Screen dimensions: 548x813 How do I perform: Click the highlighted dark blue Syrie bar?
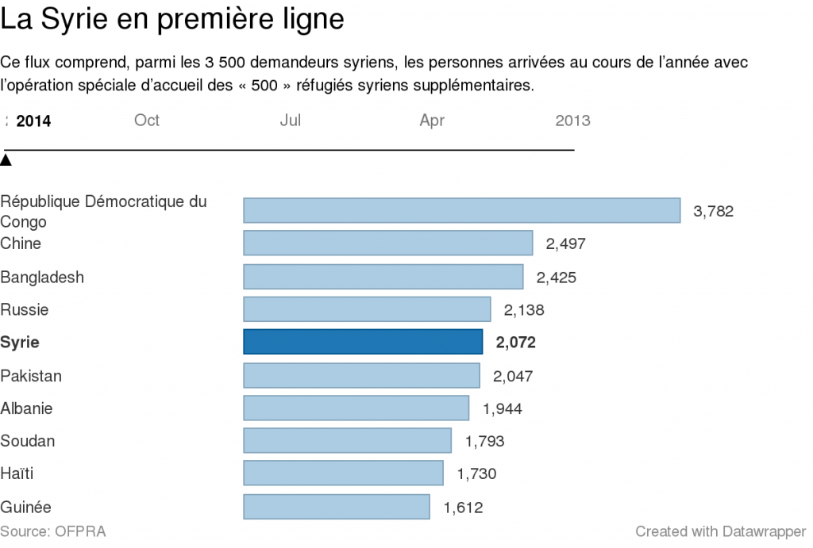point(362,342)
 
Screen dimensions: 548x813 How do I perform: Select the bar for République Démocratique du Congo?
point(461,210)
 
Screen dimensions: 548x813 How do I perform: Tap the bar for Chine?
point(387,243)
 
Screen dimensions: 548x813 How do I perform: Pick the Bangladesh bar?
point(383,277)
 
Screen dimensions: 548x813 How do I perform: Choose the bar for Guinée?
point(336,507)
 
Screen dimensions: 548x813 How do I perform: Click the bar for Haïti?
point(343,473)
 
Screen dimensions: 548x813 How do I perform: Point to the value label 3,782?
point(713,211)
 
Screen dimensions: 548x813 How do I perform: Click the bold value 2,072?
point(515,343)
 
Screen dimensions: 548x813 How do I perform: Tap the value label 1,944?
point(502,408)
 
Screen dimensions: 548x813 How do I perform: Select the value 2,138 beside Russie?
point(524,310)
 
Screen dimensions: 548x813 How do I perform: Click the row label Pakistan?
point(31,375)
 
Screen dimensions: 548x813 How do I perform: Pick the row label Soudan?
point(28,441)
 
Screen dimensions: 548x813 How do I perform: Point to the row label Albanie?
point(27,408)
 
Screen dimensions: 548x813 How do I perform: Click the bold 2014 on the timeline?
point(33,121)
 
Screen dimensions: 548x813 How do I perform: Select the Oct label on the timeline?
point(147,120)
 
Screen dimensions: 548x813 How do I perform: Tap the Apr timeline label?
point(432,121)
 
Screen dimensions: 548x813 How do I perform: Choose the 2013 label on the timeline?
point(572,121)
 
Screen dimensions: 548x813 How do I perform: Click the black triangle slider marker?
point(6,160)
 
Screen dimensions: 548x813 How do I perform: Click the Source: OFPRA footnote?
point(52,531)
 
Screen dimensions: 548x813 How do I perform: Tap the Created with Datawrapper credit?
point(720,531)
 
